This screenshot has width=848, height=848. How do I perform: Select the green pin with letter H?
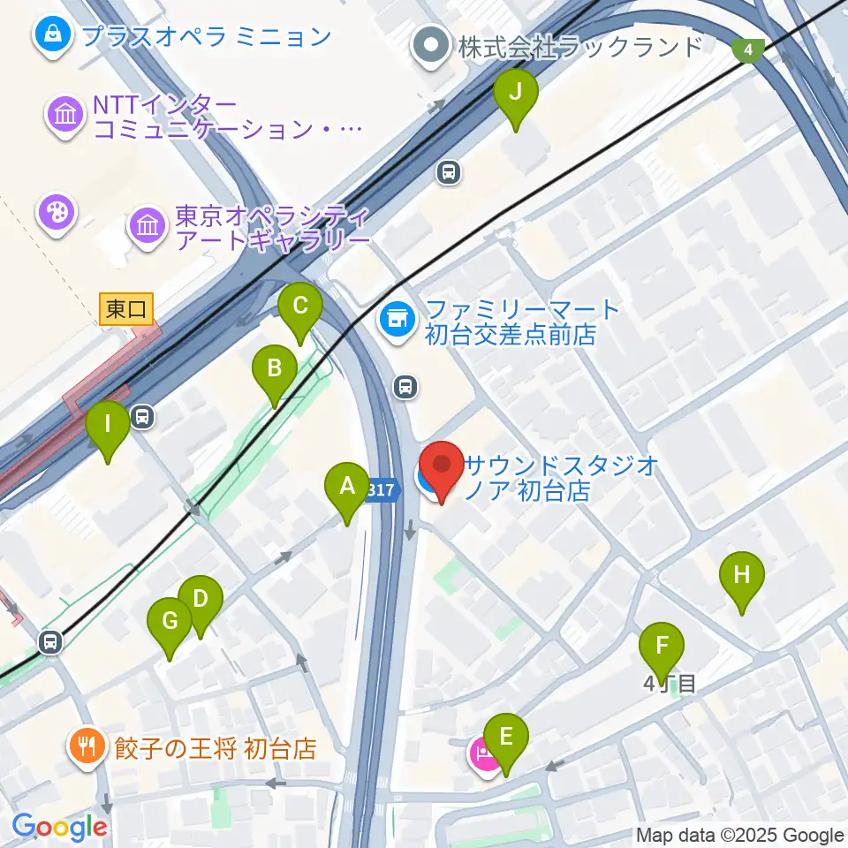tap(742, 576)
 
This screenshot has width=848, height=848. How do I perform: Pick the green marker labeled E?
tap(506, 738)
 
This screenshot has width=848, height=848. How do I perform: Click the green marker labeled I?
tap(108, 426)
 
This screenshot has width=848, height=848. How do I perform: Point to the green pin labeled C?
tap(299, 308)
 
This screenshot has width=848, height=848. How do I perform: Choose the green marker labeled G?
tap(170, 623)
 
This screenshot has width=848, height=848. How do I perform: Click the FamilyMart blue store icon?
tap(397, 319)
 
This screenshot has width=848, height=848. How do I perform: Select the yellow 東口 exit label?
tap(126, 309)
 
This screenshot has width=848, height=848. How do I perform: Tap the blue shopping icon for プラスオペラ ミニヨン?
tap(51, 36)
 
